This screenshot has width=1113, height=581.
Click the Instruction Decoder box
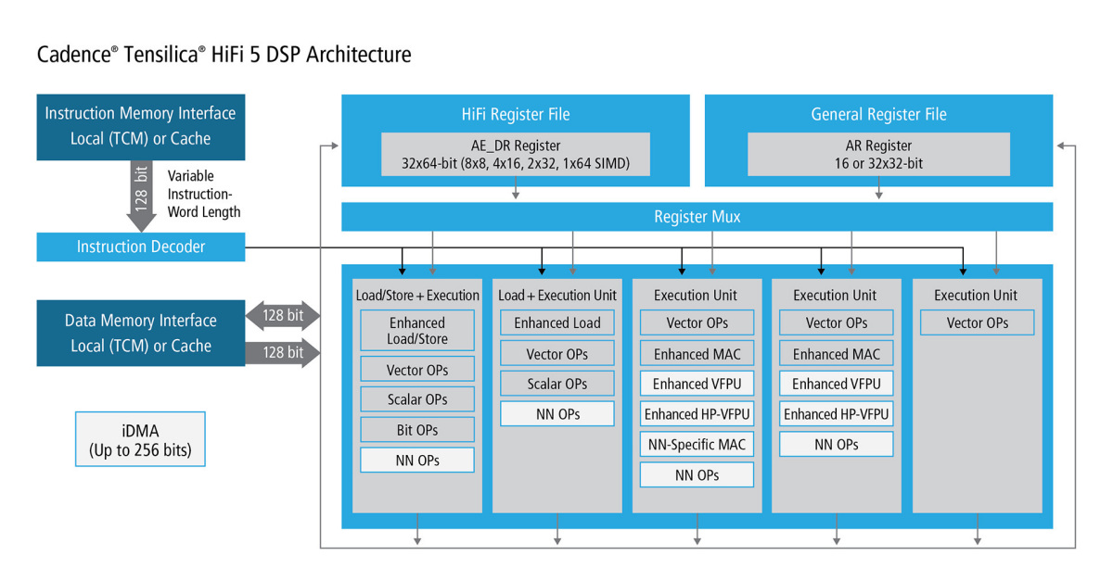141,246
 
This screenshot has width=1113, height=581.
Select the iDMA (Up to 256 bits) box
140,439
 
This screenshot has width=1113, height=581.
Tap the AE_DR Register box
516,154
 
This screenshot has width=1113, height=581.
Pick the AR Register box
878,154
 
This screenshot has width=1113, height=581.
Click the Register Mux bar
697,217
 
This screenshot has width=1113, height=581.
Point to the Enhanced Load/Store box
417,330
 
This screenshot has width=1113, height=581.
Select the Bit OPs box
417,430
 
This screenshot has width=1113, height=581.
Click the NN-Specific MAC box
697,445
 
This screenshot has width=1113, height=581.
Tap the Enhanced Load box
557,322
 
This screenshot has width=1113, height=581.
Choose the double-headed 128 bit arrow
283,315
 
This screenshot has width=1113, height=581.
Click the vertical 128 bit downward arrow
141,196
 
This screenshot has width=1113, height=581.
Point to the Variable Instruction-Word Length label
204,194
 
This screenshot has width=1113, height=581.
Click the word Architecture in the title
358,54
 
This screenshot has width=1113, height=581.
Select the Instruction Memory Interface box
141,127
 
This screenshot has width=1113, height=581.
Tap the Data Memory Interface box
141,334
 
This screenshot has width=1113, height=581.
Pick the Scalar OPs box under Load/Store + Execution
417,399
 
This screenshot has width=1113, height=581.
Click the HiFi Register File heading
516,114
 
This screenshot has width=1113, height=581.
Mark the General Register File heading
878,114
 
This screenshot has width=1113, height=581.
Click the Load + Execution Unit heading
557,296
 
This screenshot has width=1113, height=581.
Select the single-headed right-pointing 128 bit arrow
283,352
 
